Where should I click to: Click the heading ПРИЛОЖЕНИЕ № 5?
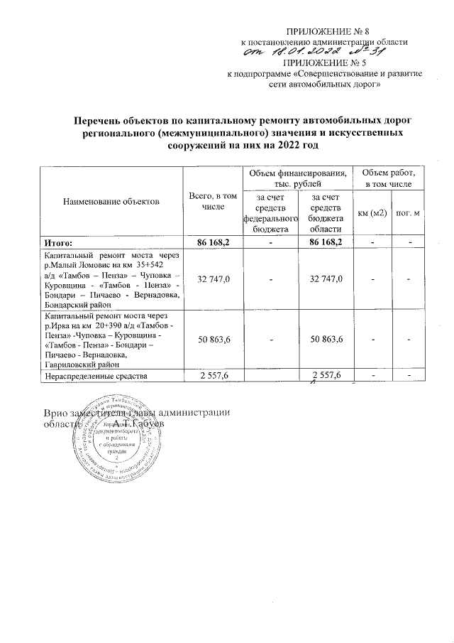pyautogui.click(x=326, y=63)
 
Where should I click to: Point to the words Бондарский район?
pyautogui.click(x=77, y=304)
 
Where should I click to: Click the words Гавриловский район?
pyautogui.click(x=82, y=363)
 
